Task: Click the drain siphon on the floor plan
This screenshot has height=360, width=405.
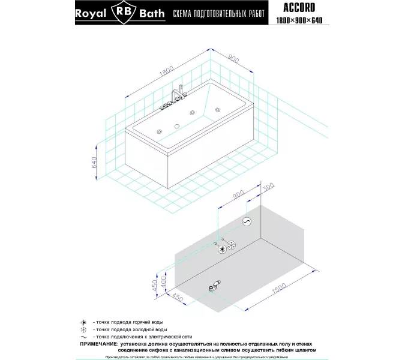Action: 215,286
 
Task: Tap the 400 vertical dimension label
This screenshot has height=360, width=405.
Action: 163,280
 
